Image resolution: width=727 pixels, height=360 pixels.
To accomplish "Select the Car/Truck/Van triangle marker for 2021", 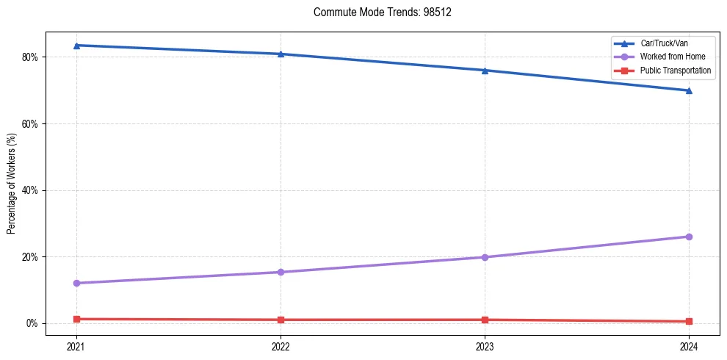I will coord(76,46).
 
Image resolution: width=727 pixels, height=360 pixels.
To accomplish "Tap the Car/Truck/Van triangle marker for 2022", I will coord(281,54).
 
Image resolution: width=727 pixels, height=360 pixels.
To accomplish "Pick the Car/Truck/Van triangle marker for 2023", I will coord(485,71).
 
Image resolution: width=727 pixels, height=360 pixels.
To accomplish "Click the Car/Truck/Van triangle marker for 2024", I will coord(689,90).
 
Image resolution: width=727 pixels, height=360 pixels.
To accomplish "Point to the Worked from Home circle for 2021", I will coord(76,283).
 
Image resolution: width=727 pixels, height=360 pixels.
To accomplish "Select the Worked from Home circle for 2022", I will coord(281,272).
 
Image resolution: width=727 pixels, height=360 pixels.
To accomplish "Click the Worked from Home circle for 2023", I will coord(485,257).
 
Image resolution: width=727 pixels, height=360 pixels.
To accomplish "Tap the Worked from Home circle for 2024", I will coord(689,237).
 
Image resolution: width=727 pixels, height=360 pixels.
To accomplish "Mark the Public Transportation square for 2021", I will coord(76,319).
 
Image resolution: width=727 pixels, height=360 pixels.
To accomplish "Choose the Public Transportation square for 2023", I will coord(485,320).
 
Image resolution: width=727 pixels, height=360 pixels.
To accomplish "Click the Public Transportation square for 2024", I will coord(689,321).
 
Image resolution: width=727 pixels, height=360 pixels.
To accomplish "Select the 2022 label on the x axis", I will coord(281,345).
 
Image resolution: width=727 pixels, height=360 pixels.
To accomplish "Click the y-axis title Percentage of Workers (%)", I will coord(12,184).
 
